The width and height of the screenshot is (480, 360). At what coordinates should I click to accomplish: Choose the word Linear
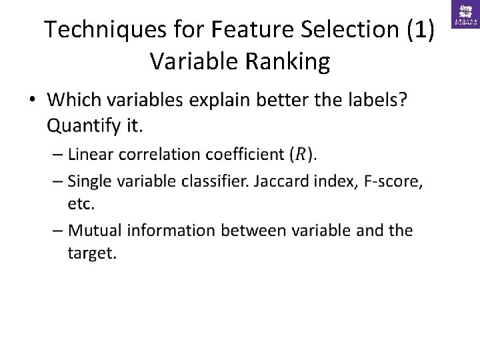(92, 155)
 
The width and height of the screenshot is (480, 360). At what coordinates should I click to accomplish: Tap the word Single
(91, 181)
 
